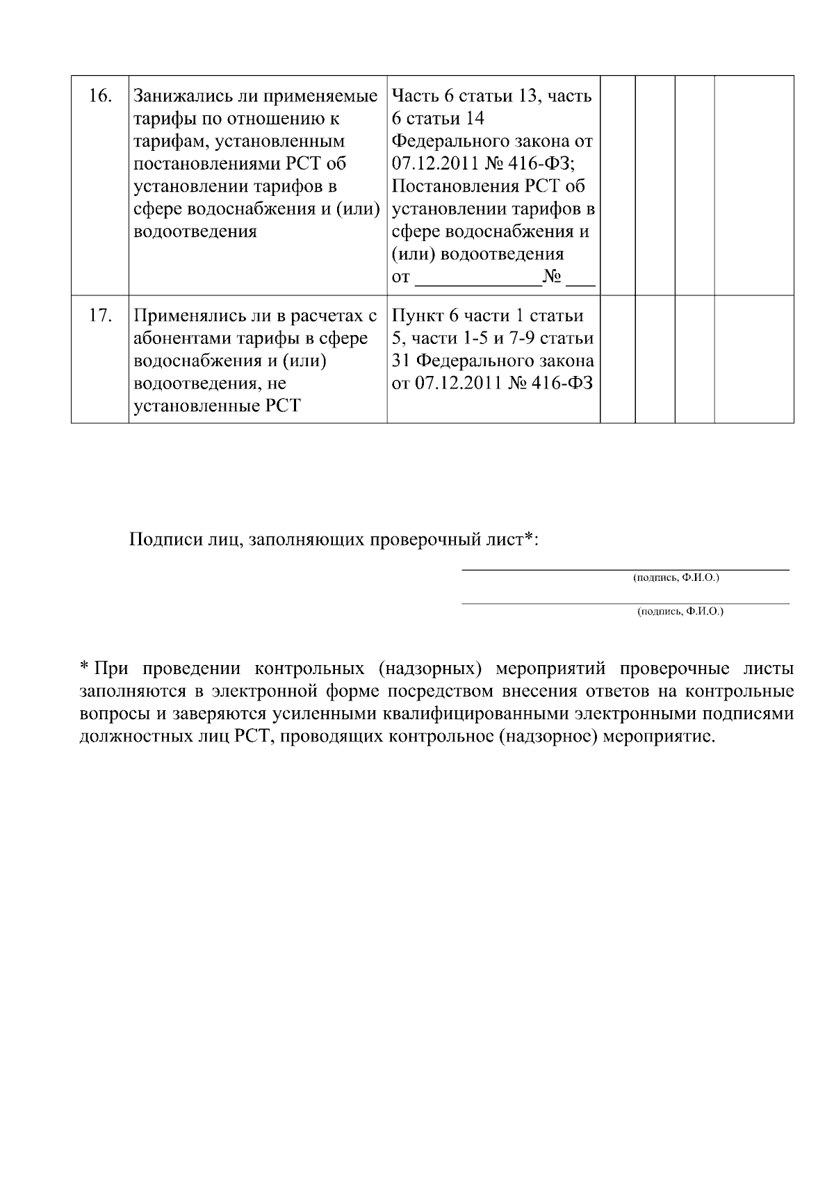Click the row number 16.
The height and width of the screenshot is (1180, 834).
point(101,96)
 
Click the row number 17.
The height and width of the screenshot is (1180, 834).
point(101,316)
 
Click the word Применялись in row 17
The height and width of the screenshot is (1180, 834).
point(182,316)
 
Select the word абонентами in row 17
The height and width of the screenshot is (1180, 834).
point(175,339)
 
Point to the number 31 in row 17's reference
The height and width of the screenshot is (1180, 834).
point(400,361)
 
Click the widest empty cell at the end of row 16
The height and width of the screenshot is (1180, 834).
point(754,185)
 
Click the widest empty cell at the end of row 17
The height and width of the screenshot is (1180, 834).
point(754,359)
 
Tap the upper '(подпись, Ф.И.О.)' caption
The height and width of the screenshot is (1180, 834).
point(676,578)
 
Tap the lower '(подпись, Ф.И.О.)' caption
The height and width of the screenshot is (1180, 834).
point(680,612)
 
